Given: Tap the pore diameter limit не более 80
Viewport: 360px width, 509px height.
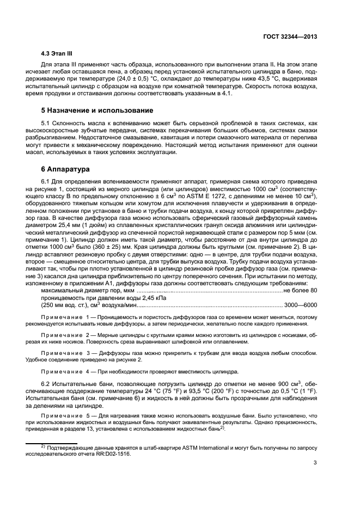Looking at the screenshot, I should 301,291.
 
